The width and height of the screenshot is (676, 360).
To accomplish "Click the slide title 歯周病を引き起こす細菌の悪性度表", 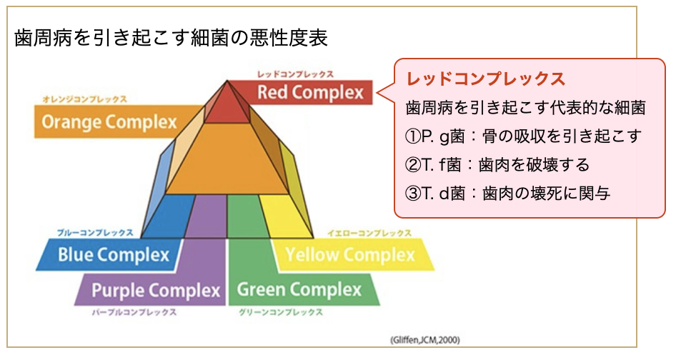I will click(x=172, y=39).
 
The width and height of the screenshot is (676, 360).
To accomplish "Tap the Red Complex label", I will click(x=310, y=92).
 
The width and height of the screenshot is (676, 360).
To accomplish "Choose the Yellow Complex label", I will click(x=349, y=254).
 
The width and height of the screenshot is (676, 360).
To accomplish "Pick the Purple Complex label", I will click(x=156, y=290).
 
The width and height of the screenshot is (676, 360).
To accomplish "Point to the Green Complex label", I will click(x=299, y=289).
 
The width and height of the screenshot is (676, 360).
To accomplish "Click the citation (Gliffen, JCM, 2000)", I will click(x=426, y=338).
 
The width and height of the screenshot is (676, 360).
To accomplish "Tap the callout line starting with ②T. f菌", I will click(x=497, y=165).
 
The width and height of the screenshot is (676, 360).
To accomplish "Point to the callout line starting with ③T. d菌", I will click(x=507, y=193).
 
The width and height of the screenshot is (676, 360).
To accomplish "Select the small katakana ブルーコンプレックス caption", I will click(x=95, y=233).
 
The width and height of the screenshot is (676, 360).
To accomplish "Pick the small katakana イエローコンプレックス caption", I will click(x=369, y=233).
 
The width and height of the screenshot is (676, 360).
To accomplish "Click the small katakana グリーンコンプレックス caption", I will click(x=280, y=312).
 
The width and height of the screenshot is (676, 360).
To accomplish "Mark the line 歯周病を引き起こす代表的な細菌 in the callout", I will click(x=525, y=108).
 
